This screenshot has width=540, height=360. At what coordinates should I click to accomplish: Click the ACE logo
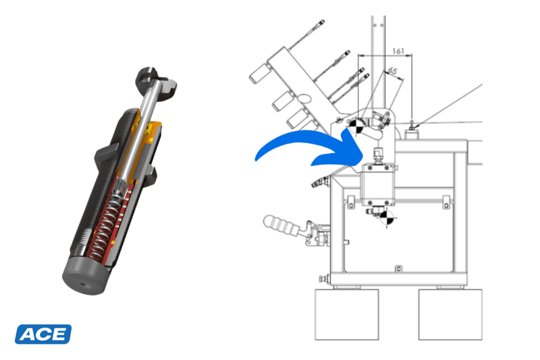(x=43, y=334)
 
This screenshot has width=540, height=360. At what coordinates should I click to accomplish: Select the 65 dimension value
(x=391, y=70)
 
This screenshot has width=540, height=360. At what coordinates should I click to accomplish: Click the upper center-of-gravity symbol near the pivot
(x=356, y=126)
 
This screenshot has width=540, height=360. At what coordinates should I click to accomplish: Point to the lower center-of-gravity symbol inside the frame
(x=385, y=217)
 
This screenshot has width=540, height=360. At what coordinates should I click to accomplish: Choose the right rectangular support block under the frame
(x=449, y=314)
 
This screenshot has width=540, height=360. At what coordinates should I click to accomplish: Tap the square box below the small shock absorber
(x=380, y=185)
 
